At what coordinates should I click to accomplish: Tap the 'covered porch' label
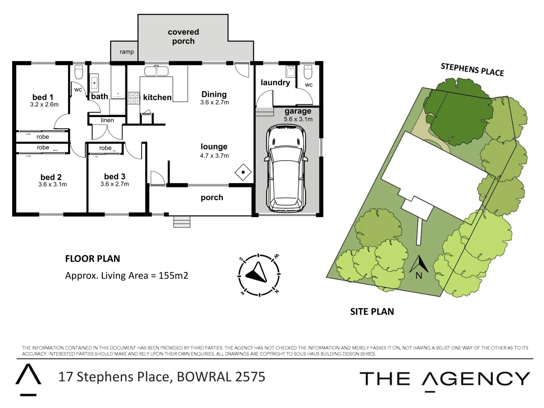click(x=183, y=37)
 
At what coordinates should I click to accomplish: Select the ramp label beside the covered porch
click(x=127, y=52)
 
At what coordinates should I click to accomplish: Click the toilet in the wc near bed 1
click(x=79, y=72)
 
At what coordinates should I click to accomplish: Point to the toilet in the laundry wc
click(x=308, y=72)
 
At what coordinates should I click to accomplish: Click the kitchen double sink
click(x=156, y=71)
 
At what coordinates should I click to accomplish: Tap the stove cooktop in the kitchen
click(x=133, y=98)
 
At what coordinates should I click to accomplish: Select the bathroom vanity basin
click(x=94, y=83)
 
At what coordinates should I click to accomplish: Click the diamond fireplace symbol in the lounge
click(x=243, y=172)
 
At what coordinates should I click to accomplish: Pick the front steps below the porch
click(x=182, y=221)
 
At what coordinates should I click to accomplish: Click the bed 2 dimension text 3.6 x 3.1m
click(x=53, y=184)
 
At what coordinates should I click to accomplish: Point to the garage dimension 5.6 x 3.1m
click(x=298, y=119)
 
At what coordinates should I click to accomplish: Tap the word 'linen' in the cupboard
click(x=107, y=120)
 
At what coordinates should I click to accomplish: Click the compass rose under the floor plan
click(x=259, y=275)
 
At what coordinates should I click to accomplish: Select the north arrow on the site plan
click(x=419, y=264)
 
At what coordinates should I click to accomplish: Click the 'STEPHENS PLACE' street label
click(x=472, y=70)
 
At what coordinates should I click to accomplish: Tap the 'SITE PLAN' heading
click(x=372, y=312)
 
